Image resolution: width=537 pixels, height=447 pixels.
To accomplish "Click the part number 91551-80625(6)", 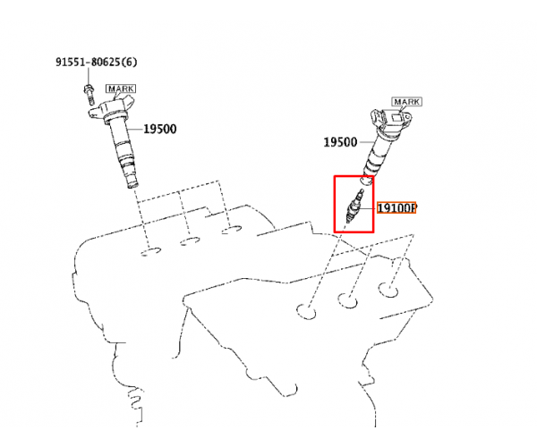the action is (97, 62).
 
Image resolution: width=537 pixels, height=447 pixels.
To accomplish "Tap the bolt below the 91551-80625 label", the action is (89, 94).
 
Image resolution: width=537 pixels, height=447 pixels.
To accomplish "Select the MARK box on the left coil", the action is (121, 89).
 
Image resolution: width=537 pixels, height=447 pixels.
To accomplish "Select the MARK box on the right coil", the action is (406, 102).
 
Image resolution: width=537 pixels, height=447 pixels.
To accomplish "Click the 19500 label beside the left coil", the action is (160, 129).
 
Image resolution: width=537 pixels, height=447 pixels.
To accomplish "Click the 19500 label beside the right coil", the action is (340, 142).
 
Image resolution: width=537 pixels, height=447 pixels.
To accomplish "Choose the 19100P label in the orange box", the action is (396, 207).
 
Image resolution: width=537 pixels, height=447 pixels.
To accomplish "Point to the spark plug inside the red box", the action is (354, 207).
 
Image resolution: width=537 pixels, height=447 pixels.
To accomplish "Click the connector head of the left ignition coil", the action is (112, 107).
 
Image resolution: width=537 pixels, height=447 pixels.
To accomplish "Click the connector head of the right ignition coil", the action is (391, 122).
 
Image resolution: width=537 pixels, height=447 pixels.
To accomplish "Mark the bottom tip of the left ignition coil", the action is (132, 185).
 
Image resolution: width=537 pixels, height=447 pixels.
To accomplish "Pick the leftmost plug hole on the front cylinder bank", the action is (306, 311).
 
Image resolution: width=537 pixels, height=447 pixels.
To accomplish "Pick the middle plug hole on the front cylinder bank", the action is (347, 300).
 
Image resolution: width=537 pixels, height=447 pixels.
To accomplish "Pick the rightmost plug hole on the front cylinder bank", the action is (388, 290).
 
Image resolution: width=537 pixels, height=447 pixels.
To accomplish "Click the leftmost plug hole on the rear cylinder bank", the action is (150, 251).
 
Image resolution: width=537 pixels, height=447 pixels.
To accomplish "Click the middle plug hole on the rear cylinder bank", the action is (190, 240).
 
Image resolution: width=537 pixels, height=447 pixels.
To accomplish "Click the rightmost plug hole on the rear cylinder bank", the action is (231, 230).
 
